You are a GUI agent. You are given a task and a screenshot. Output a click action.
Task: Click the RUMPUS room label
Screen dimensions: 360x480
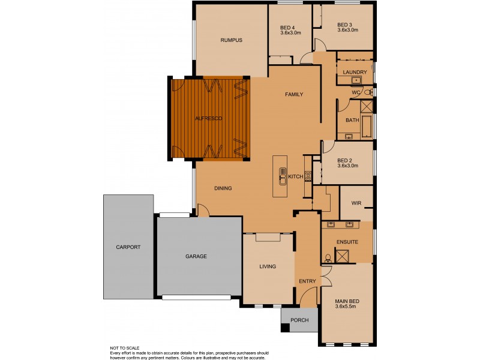click(231, 40)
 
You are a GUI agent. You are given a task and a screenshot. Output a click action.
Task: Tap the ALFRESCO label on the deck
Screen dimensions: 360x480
click(208, 119)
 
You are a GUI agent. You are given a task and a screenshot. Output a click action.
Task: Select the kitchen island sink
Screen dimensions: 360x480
click(281, 175)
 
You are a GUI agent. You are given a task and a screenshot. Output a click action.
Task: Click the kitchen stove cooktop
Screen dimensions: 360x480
click(308, 176)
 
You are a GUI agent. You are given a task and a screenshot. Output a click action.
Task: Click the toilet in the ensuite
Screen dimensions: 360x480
click(327, 258)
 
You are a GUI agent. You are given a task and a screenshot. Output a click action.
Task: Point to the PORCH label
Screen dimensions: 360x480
click(299, 320)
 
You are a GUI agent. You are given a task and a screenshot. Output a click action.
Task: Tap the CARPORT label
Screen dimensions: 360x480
click(128, 247)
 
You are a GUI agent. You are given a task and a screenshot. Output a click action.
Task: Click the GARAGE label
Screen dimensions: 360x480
click(196, 256)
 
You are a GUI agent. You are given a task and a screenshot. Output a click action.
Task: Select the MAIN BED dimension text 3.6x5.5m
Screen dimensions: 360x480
click(346, 307)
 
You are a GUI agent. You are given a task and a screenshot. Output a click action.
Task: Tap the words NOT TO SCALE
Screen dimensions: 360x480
click(124, 347)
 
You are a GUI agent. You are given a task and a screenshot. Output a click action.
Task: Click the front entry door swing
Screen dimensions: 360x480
click(309, 296)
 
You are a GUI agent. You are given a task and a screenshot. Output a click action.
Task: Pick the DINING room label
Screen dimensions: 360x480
click(223, 188)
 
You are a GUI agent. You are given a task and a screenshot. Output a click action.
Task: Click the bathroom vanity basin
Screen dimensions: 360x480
click(348, 137)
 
